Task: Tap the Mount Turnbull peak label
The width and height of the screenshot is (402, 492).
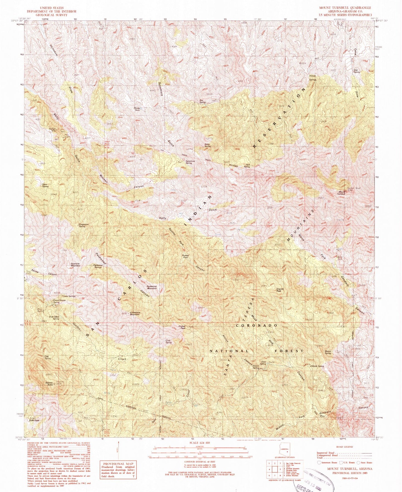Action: [x=341, y=193]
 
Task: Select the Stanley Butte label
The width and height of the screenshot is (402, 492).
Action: [x=49, y=384]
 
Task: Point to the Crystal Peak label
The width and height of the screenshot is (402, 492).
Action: [x=182, y=327]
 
